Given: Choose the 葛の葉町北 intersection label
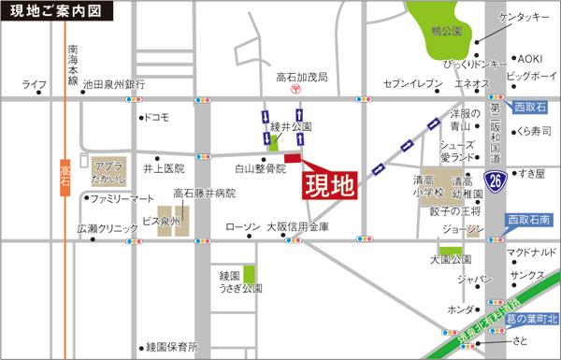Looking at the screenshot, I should click(530, 320).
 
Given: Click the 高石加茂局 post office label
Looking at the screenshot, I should click(295, 78).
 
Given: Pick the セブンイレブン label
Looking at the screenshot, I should click(411, 84).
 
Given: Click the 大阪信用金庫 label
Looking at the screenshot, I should click(297, 226).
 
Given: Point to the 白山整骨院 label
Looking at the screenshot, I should click(259, 168).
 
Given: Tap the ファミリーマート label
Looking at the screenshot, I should click(122, 199).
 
